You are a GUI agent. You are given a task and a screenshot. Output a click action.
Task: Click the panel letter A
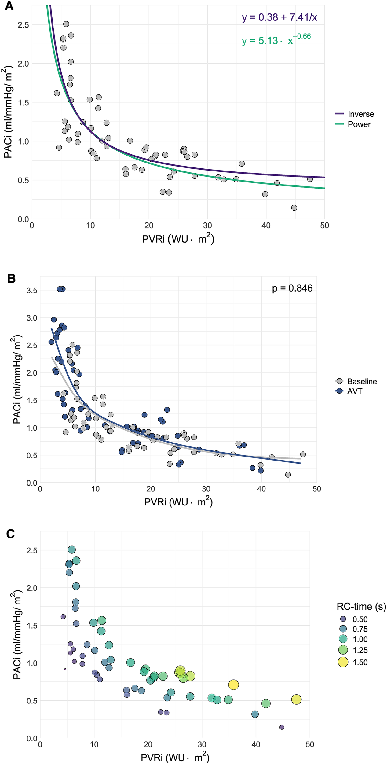[x=9, y=6]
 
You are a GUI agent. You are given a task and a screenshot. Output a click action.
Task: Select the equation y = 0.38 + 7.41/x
[x=279, y=17]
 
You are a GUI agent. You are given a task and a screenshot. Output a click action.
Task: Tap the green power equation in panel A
[x=276, y=40]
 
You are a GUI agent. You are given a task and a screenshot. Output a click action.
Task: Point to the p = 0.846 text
[x=292, y=288]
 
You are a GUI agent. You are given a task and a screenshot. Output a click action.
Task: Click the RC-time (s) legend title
[x=361, y=607]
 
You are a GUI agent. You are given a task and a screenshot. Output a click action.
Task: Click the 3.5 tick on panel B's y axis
[x=32, y=290]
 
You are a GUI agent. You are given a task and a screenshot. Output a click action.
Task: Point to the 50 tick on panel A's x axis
[x=324, y=226]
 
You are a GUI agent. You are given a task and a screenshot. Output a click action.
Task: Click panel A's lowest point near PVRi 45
[x=294, y=208]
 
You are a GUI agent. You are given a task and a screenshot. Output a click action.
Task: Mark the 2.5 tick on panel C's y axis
[x=32, y=550]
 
